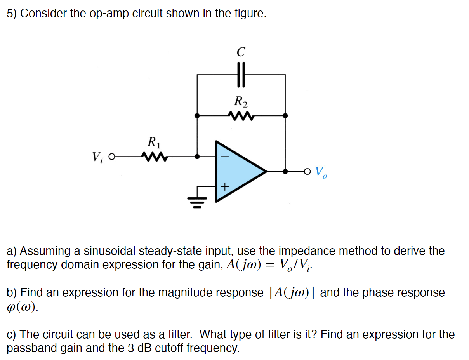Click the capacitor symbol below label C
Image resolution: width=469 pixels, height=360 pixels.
coord(241,75)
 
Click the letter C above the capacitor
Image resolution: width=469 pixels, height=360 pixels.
coord(241,52)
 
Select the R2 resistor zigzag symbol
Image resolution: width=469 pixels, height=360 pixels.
coord(241,115)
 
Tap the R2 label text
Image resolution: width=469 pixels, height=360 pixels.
coord(241,102)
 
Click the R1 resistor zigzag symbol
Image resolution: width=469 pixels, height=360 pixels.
coord(155,157)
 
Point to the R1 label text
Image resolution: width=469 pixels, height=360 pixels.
coord(154,142)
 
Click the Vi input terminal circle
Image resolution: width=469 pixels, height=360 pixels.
coord(112,157)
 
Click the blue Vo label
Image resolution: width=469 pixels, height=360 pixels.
coord(321,172)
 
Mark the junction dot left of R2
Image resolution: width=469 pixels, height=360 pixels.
coord(197,115)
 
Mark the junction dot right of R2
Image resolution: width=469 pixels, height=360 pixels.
coord(285,115)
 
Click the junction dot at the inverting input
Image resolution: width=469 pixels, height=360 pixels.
coord(197,157)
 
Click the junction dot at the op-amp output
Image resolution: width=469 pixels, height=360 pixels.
coord(285,171)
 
